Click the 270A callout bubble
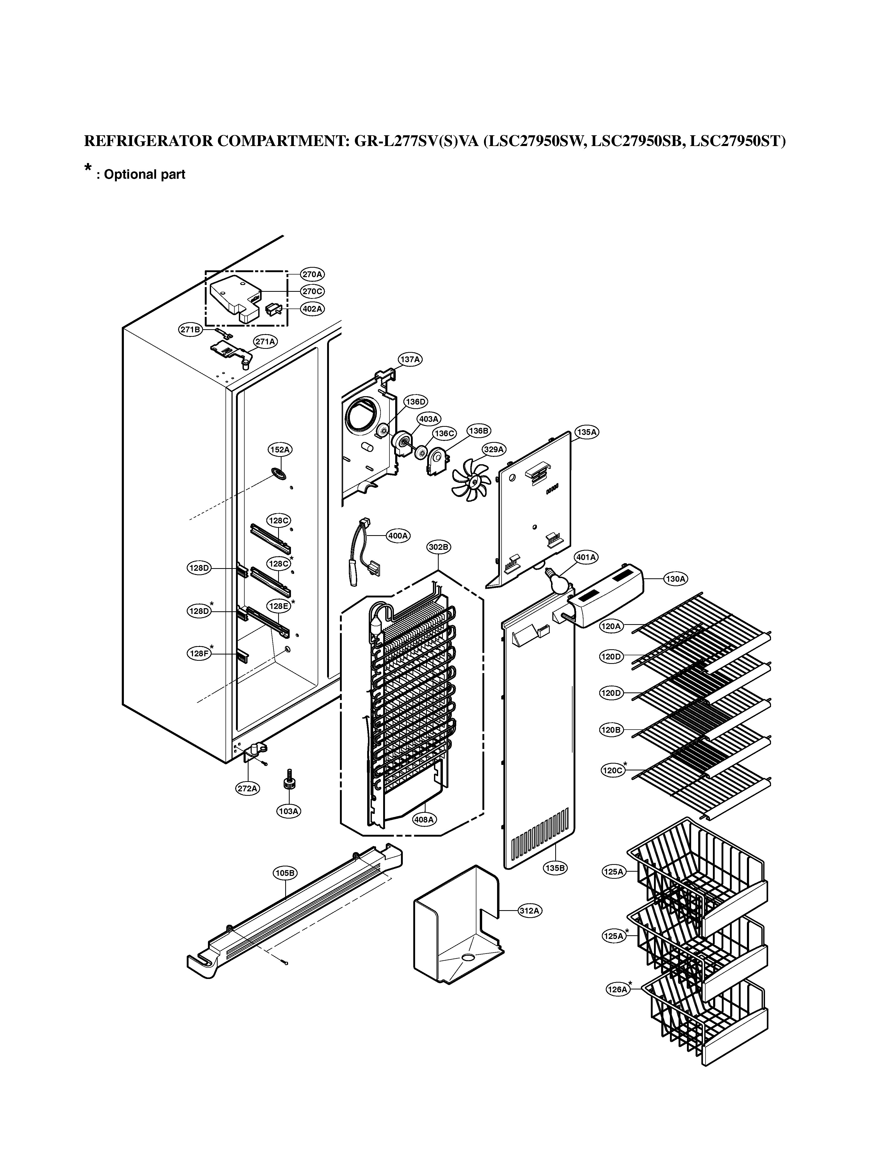[x=312, y=274]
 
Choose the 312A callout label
[x=530, y=911]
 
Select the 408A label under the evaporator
[x=424, y=819]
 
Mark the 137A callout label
[x=410, y=359]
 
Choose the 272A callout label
[x=247, y=788]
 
